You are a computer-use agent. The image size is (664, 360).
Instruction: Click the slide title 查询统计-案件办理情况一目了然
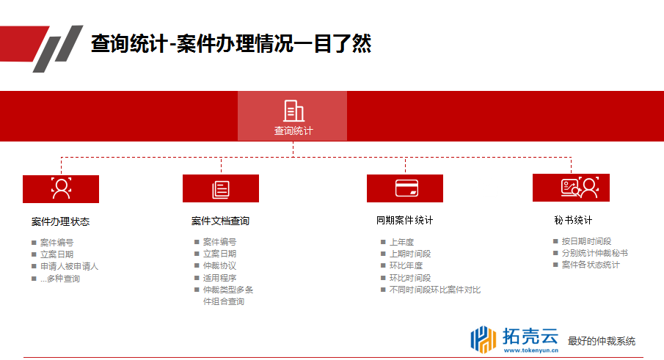coord(231,43)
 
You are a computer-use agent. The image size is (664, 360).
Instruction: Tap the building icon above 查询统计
coord(293,111)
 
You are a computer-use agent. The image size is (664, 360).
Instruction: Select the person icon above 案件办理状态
coord(62,188)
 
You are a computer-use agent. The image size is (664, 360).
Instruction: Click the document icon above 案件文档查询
coord(221,189)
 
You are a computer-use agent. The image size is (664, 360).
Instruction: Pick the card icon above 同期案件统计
coord(406,188)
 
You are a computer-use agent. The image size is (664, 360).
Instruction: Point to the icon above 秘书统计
coord(580,188)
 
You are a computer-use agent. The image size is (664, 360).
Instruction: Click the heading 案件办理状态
coord(61,221)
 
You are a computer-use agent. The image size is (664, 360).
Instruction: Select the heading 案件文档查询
coord(220,221)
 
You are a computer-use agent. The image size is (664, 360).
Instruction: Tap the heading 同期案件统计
coord(404,220)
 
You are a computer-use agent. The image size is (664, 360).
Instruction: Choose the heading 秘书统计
coord(573,220)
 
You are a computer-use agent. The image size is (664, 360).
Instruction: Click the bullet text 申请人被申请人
coord(69,266)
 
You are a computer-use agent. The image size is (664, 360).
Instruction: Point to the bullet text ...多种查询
coord(60,279)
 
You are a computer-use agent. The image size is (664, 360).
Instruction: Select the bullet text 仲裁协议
coord(219,265)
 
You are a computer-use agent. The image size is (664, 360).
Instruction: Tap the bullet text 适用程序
coord(219,278)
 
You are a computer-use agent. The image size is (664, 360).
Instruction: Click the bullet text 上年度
coord(401,242)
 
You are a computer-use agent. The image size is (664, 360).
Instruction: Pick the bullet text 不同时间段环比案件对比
coord(435,290)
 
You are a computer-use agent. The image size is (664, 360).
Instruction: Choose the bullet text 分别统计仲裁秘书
coord(594,253)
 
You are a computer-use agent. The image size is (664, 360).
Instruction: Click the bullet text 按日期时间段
coord(586,241)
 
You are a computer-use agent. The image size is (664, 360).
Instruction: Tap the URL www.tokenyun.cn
coord(531,350)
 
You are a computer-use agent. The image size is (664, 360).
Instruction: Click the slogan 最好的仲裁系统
coord(602,342)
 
